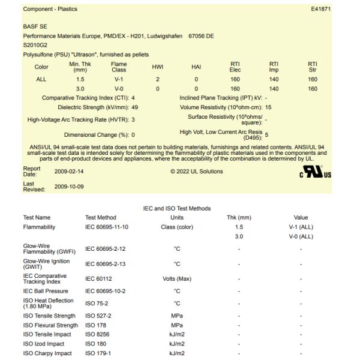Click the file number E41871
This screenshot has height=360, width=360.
point(320,9)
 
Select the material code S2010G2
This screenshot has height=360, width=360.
point(35,44)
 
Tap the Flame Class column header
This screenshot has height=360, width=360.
point(119,67)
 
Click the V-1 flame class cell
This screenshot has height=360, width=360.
point(119,79)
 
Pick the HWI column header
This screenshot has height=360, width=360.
point(158,67)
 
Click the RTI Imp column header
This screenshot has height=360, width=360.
point(274,67)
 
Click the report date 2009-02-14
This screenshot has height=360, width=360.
point(68,172)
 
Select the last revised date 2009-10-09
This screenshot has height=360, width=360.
point(68,187)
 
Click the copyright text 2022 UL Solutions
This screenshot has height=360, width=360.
point(196,172)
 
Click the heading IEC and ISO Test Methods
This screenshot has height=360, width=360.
point(177,208)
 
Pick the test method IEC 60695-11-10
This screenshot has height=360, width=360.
point(106,227)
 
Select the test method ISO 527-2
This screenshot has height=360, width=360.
point(98,316)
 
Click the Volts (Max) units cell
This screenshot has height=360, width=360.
point(176,278)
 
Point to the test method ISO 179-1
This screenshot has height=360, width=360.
point(98,353)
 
